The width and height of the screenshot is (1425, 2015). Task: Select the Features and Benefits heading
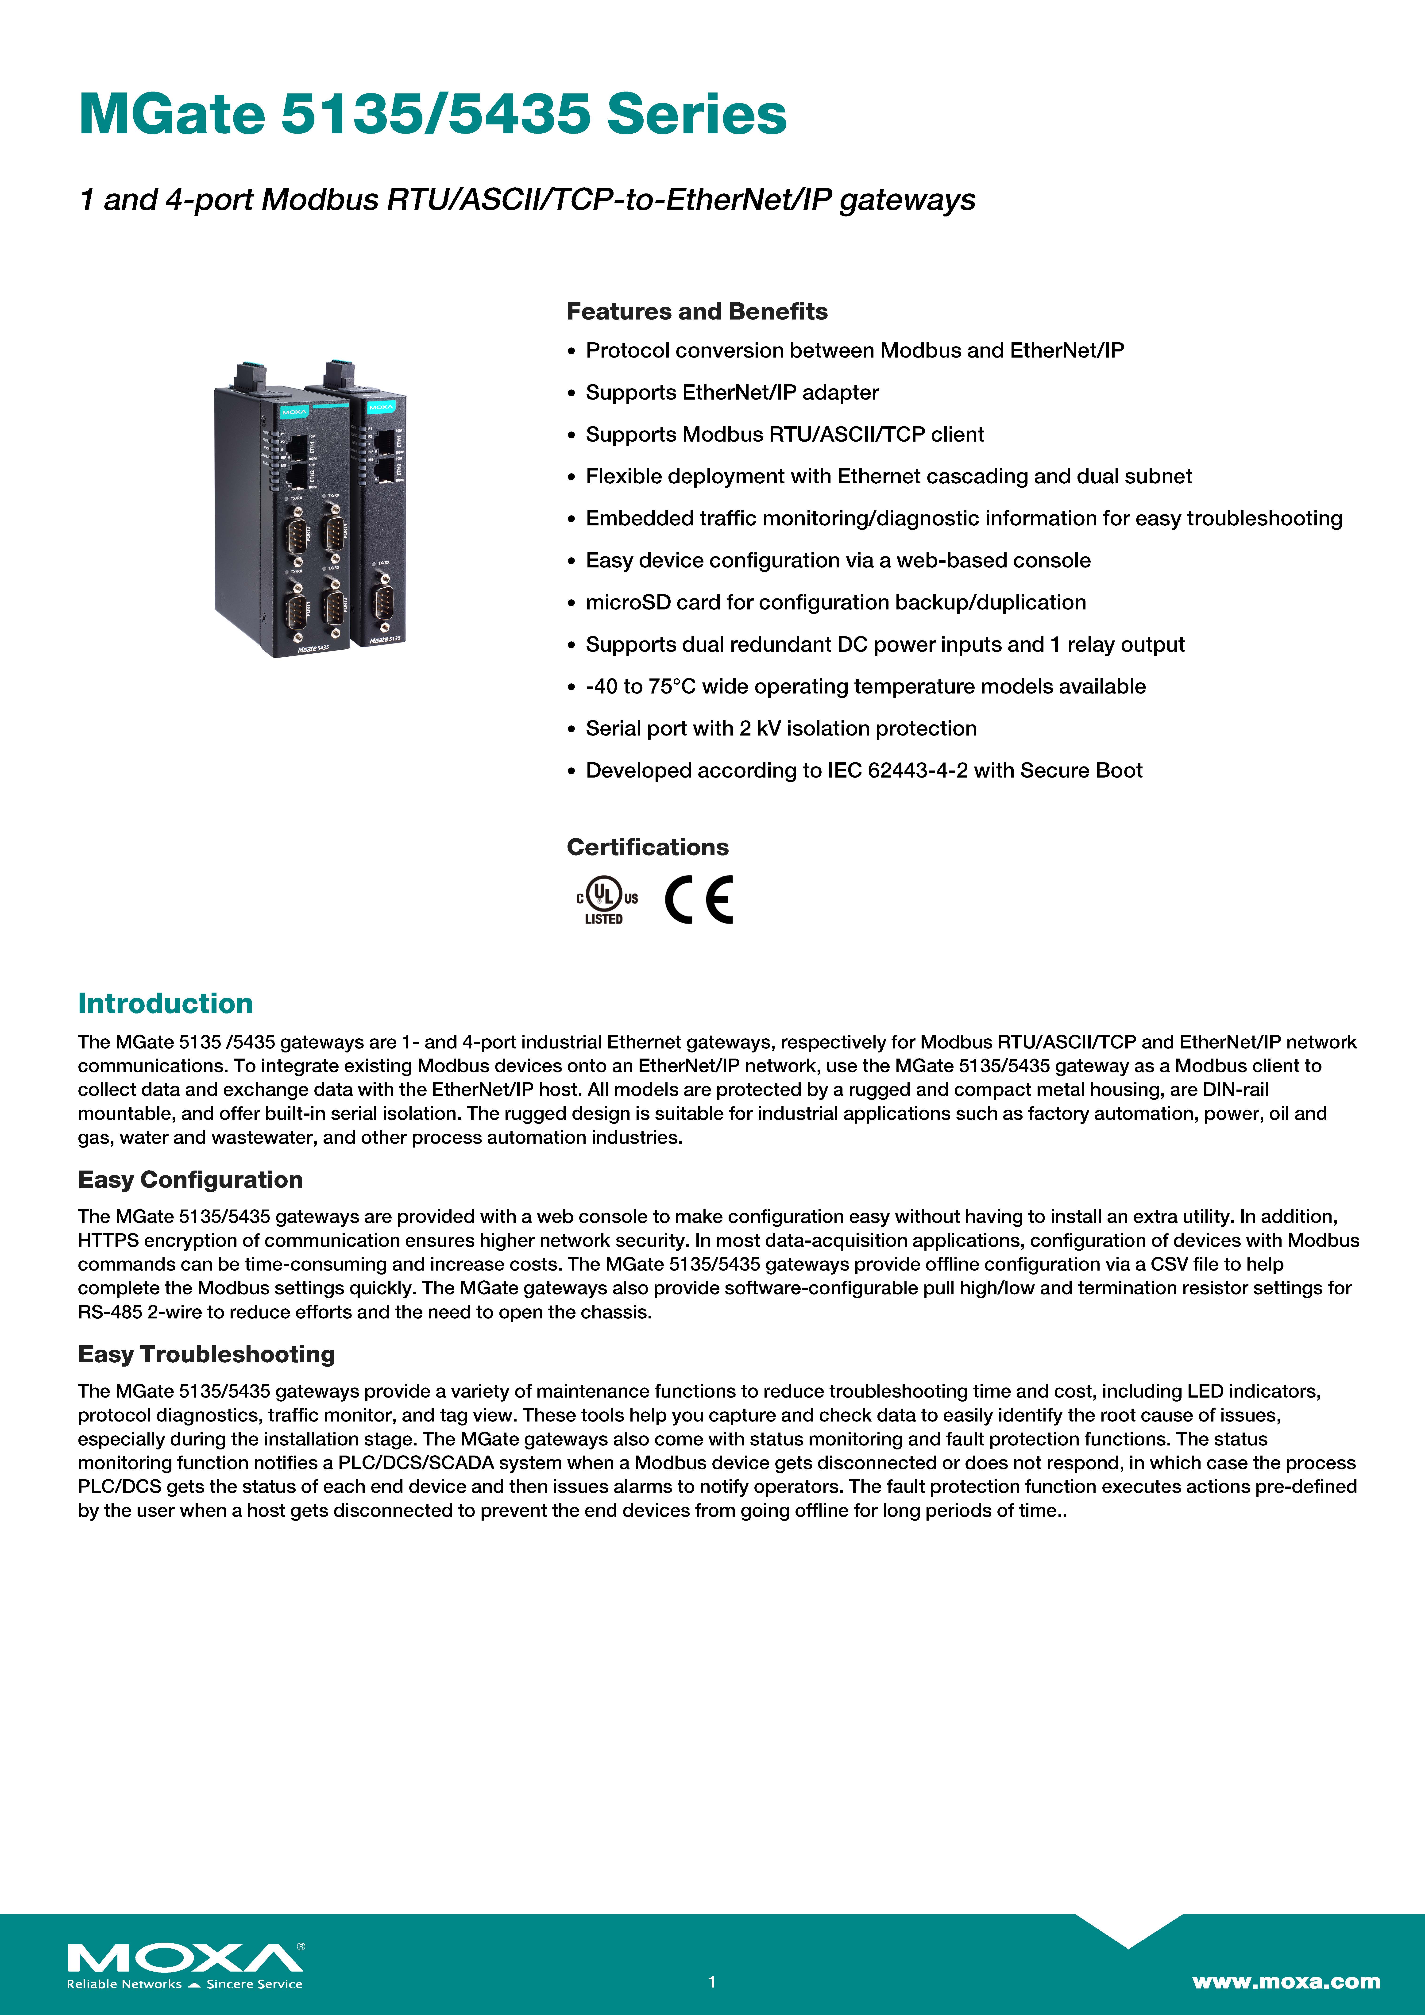696,312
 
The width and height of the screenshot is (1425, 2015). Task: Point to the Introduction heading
165,1003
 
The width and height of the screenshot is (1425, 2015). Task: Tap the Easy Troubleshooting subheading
206,1354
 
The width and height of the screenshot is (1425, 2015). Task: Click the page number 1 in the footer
712,1982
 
